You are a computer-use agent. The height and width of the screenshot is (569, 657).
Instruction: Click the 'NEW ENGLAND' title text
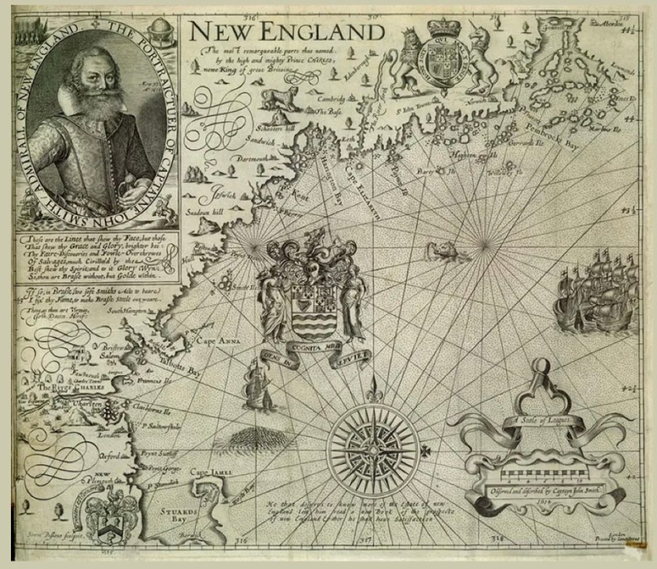point(286,30)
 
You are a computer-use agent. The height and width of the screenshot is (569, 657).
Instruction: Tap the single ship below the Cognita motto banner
point(257,384)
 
